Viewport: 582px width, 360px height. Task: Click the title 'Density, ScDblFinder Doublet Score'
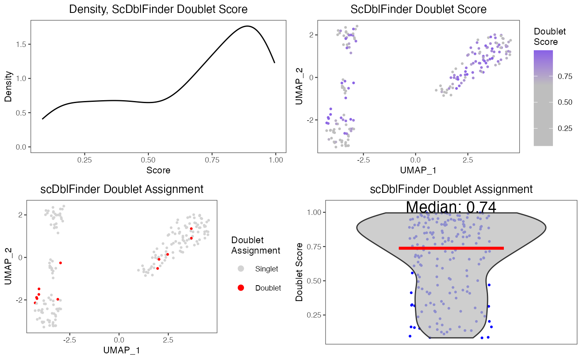[158, 9]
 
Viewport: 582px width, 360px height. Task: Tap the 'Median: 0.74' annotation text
[451, 207]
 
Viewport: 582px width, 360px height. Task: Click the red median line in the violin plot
[451, 248]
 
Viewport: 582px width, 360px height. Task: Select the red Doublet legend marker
[241, 288]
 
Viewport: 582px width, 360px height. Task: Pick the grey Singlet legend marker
[241, 269]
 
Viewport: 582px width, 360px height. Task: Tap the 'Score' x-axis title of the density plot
[158, 170]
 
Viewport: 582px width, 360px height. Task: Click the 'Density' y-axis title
[8, 87]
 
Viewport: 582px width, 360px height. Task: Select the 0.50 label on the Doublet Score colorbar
[564, 102]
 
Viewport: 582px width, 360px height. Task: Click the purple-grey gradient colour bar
[543, 98]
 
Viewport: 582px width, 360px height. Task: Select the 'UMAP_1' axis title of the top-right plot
[418, 170]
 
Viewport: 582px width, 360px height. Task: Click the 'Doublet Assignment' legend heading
[255, 245]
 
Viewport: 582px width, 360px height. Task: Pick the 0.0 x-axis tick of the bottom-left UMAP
[119, 340]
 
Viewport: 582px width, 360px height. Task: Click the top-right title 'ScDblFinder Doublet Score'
[418, 9]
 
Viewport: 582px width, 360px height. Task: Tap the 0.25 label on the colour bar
[564, 128]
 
